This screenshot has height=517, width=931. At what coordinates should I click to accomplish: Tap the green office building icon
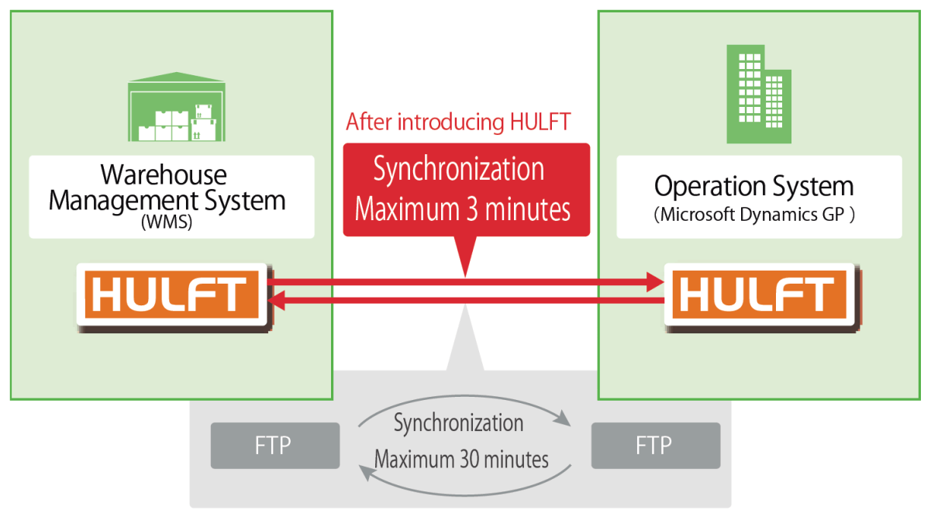point(759,94)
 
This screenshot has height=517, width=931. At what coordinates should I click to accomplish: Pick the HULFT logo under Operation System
point(757,295)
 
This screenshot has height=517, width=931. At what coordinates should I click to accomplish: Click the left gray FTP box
point(274,446)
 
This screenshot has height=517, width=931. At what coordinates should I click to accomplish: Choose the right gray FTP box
point(655,446)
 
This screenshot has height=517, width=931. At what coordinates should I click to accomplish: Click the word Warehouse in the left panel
point(164,174)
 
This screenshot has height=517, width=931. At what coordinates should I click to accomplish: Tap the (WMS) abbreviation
point(167,222)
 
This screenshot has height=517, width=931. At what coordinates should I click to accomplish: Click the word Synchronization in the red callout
point(459,170)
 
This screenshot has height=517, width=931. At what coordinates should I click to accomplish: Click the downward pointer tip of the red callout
point(465,273)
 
